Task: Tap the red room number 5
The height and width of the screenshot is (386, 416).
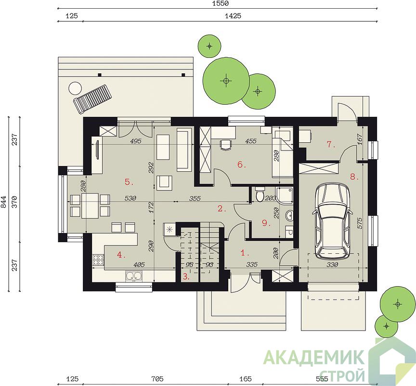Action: pos(129,182)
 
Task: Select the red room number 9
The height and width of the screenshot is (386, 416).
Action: pos(265,223)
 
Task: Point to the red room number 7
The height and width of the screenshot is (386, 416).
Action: pos(331,145)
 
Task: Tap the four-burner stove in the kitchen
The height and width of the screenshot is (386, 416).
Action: pos(98,260)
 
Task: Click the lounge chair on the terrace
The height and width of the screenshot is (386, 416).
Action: pos(91,98)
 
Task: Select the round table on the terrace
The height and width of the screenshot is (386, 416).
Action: pos(75,88)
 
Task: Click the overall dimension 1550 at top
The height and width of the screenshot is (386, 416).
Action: pos(221,3)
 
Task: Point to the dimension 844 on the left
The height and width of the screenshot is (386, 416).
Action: pos(4,203)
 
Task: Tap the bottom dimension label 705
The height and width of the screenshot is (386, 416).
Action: pos(157,378)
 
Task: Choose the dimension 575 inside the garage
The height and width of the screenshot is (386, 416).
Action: pos(360,223)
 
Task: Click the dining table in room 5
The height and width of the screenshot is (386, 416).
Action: pos(90,206)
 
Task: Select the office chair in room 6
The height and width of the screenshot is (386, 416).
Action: pos(226,145)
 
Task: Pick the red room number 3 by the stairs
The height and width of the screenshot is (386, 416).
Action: pos(186,277)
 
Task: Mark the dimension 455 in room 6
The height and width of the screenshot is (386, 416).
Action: pos(251,140)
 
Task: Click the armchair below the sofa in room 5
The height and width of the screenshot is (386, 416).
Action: pos(165,183)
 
